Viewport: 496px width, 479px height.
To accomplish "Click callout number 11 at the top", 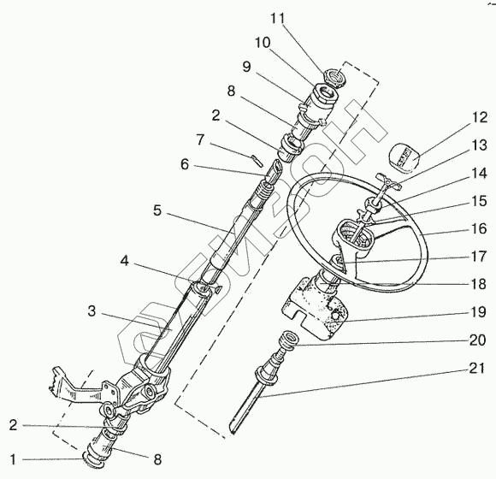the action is [x=278, y=19].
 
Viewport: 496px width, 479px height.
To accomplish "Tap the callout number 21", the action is [x=476, y=369].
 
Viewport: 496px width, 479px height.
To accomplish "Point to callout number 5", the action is [x=157, y=210].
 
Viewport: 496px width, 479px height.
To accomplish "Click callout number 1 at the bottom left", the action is [x=13, y=459].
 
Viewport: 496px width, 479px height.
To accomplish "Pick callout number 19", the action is [x=478, y=312].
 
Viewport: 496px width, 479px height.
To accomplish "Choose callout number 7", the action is [x=200, y=139].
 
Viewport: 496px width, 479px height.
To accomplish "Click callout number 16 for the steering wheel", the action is [x=479, y=228].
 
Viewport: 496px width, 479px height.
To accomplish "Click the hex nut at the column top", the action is [x=336, y=78].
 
